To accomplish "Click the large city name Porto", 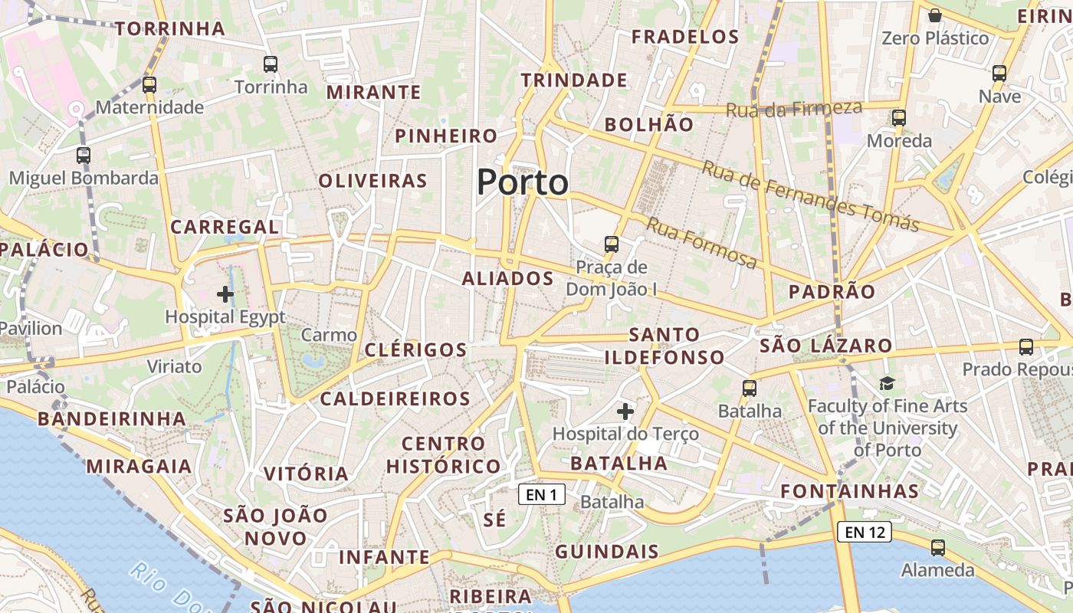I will (523, 183).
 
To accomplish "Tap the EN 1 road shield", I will (542, 495).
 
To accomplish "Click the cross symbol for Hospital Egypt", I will (225, 294).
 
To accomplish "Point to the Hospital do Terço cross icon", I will (625, 411).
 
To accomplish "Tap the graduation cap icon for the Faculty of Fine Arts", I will (887, 384).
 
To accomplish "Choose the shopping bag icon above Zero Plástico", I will (935, 15).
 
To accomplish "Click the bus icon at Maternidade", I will (149, 85).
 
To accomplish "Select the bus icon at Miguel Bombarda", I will (84, 156).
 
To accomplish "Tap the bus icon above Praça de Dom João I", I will (611, 244).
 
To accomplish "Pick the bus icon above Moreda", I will (899, 118).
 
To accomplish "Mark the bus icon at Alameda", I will (937, 548).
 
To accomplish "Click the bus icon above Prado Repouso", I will (1026, 347).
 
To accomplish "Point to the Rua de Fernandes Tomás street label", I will (810, 197).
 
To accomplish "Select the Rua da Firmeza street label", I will (793, 109).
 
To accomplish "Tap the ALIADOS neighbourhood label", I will (507, 279).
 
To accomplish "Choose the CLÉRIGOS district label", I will (415, 350).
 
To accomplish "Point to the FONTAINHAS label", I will (849, 491).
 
